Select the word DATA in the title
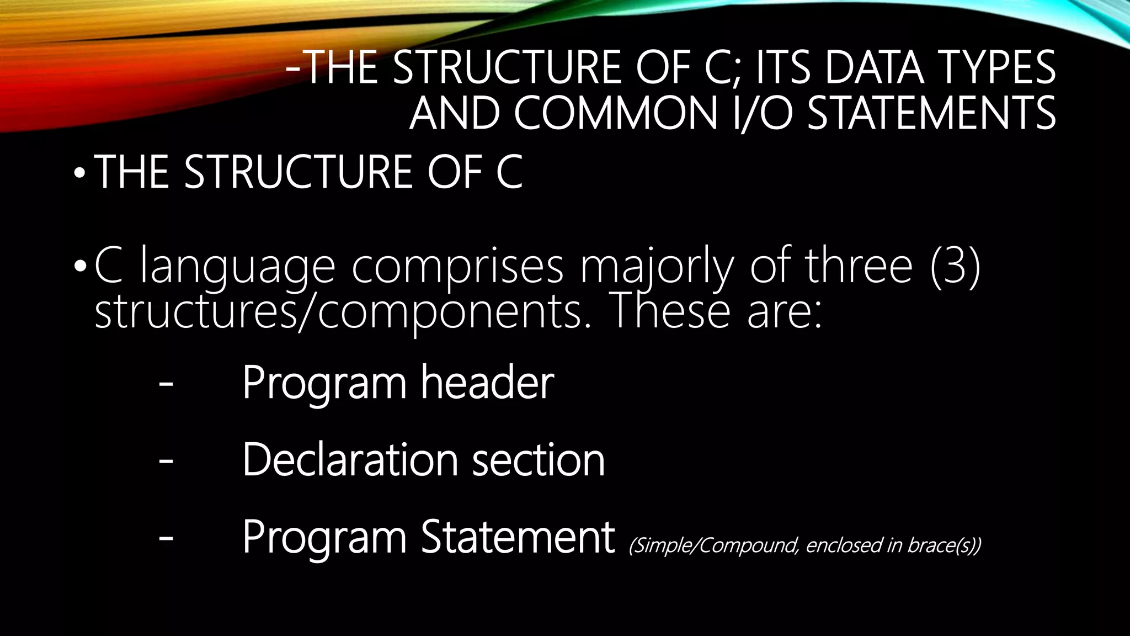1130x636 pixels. pos(875,68)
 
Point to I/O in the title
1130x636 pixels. pos(764,113)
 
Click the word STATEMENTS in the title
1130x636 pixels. pos(931,113)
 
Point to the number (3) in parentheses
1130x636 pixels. pos(955,267)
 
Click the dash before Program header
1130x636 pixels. pos(166,384)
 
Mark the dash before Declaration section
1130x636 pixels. pos(166,461)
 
